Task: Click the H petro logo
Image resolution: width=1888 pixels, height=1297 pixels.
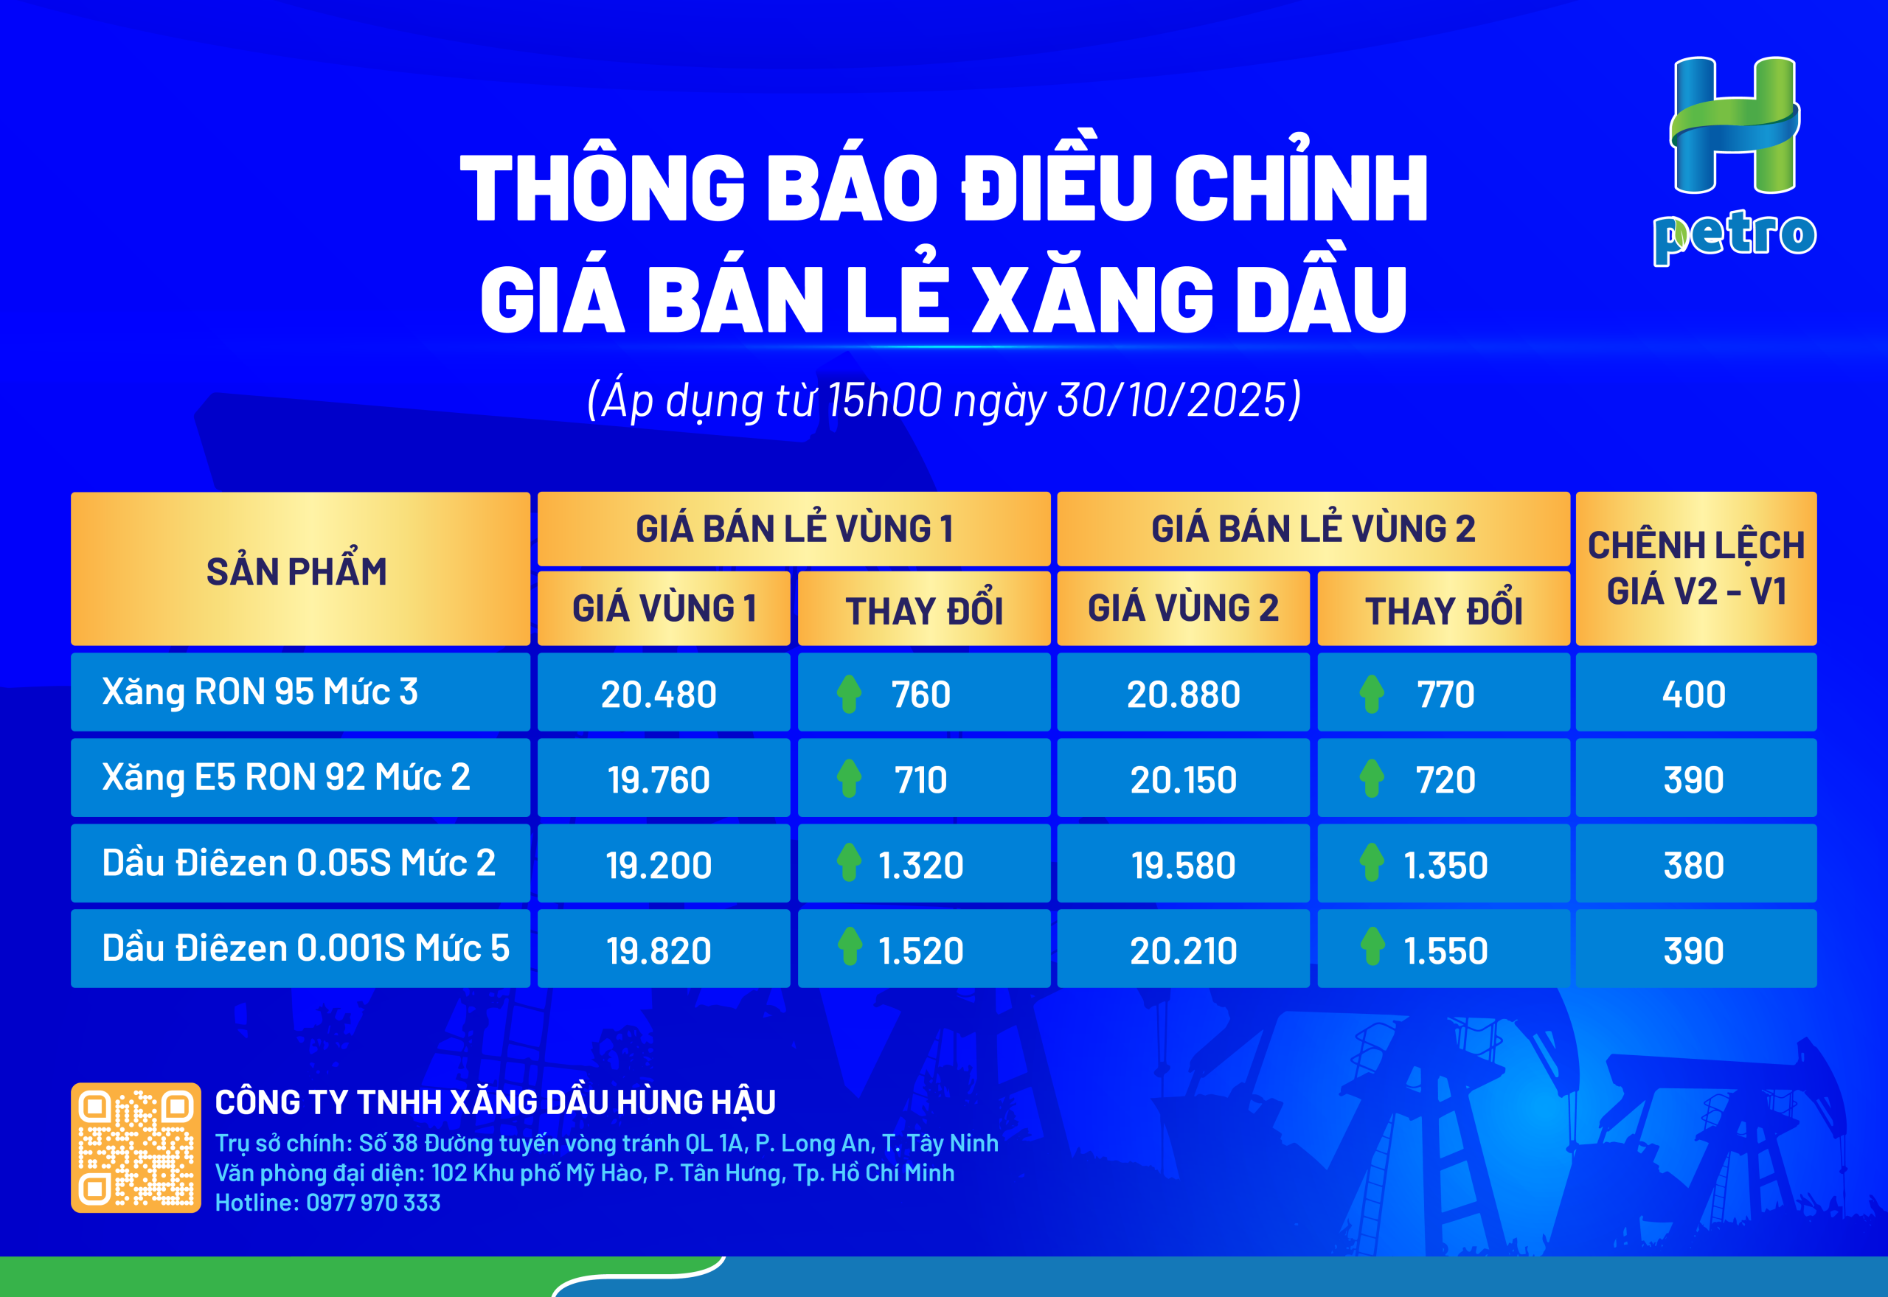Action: [x=1735, y=161]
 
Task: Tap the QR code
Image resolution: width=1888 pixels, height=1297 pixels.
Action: [x=136, y=1147]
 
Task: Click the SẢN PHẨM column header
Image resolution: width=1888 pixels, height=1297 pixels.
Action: [x=296, y=571]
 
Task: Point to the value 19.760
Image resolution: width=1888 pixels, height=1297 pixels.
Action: [x=659, y=780]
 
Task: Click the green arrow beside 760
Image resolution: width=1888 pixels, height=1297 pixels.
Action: [x=849, y=694]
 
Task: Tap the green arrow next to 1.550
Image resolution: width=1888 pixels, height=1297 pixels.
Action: [x=1372, y=946]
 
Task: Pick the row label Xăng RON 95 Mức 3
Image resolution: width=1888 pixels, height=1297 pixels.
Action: [x=260, y=692]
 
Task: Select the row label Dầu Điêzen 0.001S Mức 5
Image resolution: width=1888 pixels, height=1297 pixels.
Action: [x=305, y=948]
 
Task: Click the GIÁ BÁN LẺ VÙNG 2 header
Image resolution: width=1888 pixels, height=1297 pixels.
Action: [x=1313, y=528]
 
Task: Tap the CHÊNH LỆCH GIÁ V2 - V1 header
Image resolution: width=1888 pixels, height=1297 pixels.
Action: [x=1696, y=568]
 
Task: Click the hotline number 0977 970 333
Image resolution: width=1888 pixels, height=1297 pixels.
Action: [x=373, y=1203]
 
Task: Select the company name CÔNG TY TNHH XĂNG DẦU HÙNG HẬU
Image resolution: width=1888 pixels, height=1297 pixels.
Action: [x=495, y=1102]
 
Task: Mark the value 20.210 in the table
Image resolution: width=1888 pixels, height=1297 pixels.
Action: [x=1184, y=950]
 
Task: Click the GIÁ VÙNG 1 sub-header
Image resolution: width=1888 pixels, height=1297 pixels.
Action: [x=664, y=608]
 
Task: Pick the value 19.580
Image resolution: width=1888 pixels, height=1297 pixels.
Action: [x=1184, y=866]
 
